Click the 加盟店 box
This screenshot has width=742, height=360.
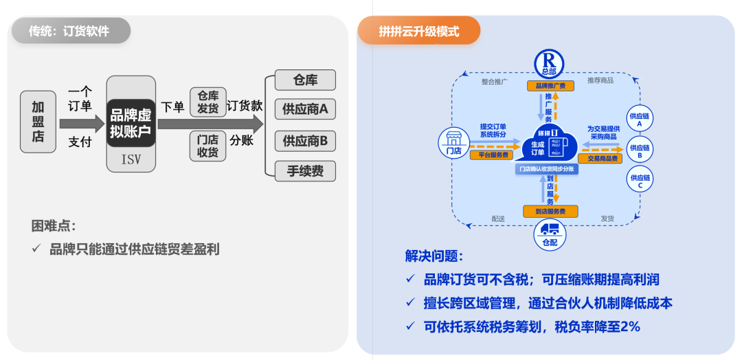point(38,122)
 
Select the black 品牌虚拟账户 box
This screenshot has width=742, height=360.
point(131,123)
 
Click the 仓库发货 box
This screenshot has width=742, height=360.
point(207,102)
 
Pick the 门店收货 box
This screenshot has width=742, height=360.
point(207,146)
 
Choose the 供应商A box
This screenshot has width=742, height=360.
point(305,109)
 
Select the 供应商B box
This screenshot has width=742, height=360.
point(305,142)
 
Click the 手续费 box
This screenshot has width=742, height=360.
point(305,171)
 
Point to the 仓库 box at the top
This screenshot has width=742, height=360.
point(305,80)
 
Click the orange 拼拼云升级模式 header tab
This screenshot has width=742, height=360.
point(418,31)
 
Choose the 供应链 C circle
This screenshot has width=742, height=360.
point(640,181)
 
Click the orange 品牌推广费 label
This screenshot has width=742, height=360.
point(550,86)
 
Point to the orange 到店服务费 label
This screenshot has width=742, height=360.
point(549,211)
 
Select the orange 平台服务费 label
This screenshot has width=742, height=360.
point(489,155)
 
